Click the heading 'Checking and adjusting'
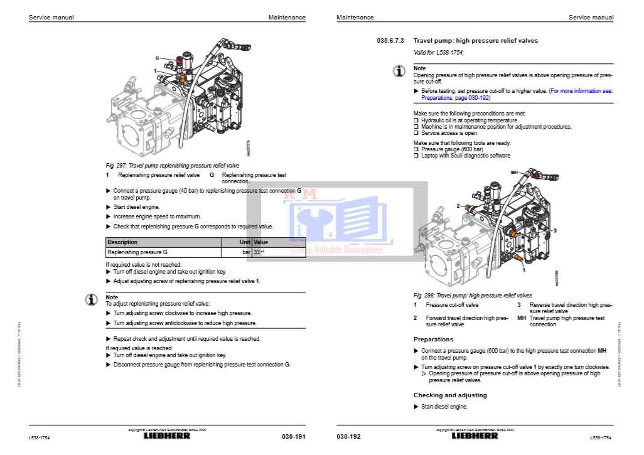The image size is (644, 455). click(449, 395)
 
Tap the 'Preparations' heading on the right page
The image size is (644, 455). click(433, 340)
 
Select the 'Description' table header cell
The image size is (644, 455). click(122, 242)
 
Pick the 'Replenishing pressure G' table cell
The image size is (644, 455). click(137, 252)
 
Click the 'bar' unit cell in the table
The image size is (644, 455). click(246, 252)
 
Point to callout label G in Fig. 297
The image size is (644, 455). click(157, 58)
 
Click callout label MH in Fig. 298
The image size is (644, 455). click(514, 172)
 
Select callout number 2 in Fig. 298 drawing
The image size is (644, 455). click(458, 206)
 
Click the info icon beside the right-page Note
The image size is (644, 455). click(399, 71)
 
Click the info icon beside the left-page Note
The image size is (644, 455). click(92, 300)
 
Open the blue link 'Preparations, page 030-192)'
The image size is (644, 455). click(456, 98)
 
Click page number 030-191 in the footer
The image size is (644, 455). click(293, 437)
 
